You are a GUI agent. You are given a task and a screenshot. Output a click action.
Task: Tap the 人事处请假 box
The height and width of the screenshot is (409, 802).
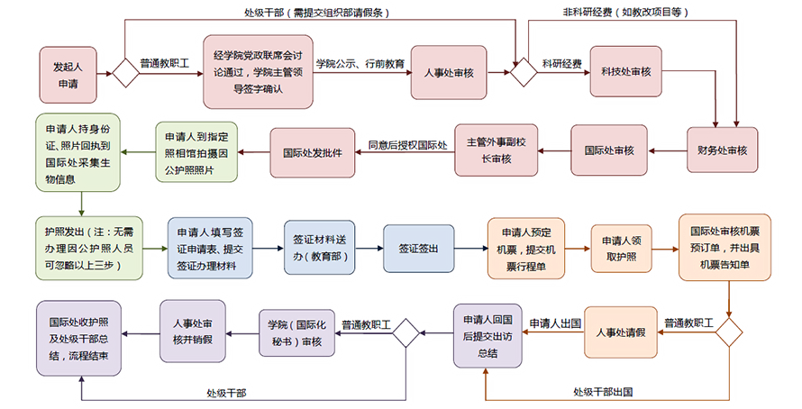pos(621,332)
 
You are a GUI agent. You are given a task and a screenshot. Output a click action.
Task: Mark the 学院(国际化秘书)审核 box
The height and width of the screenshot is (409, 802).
pos(299,332)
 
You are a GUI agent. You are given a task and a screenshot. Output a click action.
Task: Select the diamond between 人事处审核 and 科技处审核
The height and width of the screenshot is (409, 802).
pos(523,72)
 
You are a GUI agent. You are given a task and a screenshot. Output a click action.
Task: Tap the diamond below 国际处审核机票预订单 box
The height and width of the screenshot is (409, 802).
pos(728,332)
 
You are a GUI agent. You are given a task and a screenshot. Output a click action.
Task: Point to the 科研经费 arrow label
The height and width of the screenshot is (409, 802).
pos(561,64)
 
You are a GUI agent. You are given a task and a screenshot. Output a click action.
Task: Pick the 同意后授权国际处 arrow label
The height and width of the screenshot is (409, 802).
pos(407,143)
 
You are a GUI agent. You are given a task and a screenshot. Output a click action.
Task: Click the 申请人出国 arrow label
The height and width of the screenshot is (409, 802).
pos(554,323)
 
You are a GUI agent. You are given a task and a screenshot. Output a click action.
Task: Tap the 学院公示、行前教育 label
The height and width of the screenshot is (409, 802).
pos(360,64)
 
